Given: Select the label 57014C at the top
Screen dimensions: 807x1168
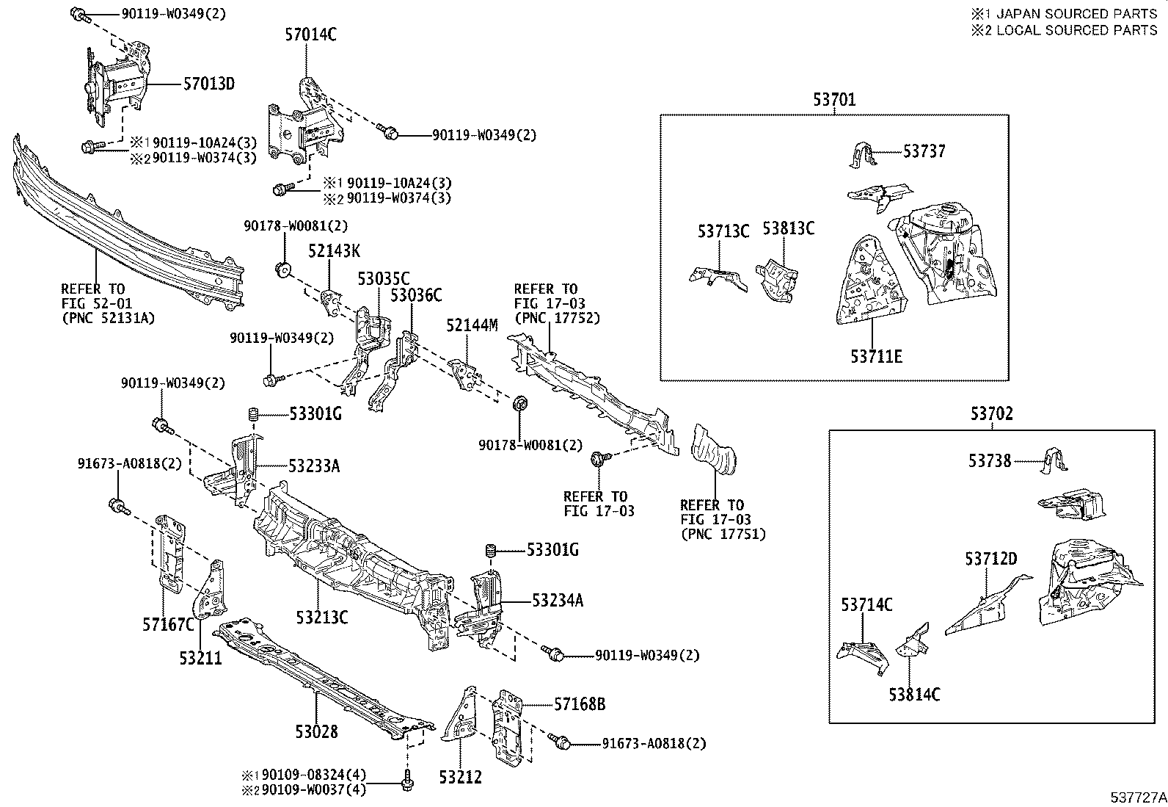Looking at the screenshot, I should pyautogui.click(x=310, y=34).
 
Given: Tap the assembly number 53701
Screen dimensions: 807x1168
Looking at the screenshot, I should pyautogui.click(x=833, y=99).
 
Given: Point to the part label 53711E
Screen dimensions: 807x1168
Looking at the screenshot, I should pyautogui.click(x=876, y=357).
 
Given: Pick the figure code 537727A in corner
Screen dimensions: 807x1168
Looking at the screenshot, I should pyautogui.click(x=1137, y=797).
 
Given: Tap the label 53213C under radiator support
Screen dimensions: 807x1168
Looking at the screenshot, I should pyautogui.click(x=322, y=617).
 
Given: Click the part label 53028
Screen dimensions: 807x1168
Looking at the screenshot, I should pyautogui.click(x=317, y=731).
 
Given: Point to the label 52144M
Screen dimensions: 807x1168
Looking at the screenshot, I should pyautogui.click(x=472, y=325).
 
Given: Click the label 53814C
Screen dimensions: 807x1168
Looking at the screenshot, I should pyautogui.click(x=914, y=694).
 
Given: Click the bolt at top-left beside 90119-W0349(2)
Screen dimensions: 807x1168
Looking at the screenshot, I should pyautogui.click(x=79, y=13).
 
